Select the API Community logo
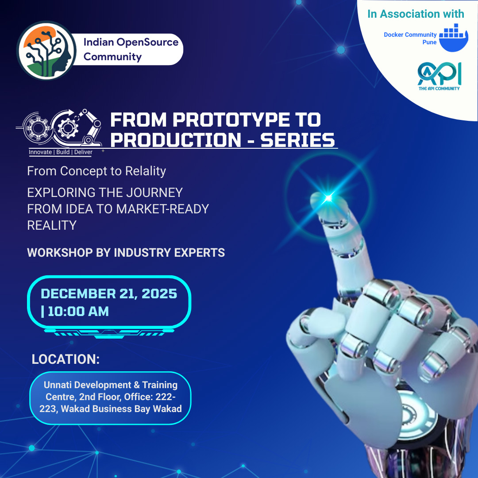[x=439, y=75]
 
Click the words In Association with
[x=416, y=14]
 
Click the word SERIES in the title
[x=297, y=140]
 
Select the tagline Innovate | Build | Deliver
[x=61, y=152]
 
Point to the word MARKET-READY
[x=162, y=209]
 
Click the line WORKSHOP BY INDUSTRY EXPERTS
[x=126, y=253]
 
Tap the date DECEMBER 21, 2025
[x=109, y=293]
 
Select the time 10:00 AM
[x=78, y=311]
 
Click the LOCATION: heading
[x=66, y=359]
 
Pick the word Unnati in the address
[x=59, y=385]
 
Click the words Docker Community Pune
[x=410, y=39]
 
